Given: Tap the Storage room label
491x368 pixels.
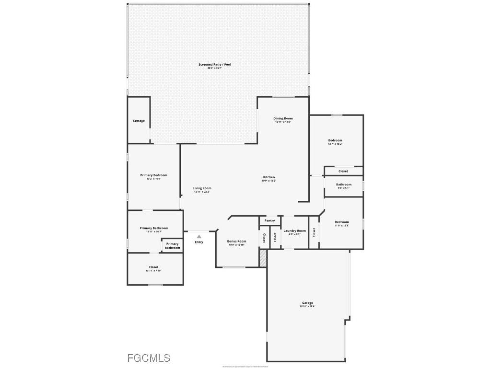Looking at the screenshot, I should coord(139,121).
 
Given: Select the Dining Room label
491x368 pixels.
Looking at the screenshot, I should coord(283,118).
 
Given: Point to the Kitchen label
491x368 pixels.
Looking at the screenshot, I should coord(269,177).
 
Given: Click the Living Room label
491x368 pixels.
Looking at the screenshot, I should coord(202,188).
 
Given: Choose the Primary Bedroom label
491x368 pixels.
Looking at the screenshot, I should coord(153,175).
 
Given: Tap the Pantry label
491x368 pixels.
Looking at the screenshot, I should coord(270,221).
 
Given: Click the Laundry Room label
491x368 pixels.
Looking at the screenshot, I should coord(294,231).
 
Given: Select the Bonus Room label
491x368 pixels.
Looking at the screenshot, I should coord(236,241).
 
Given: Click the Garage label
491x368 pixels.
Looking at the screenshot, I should coord(307,303).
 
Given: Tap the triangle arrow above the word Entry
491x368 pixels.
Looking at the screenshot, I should coord(199,236).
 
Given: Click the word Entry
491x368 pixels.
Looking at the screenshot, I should coord(199,242).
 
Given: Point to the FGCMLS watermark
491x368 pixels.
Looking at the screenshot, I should coord(149,358).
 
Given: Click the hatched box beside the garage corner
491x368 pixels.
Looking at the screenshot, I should coord(262,258).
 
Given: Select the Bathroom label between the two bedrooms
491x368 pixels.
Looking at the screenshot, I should coord(343,184).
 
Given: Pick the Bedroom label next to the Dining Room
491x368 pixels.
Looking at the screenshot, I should coord(335,140).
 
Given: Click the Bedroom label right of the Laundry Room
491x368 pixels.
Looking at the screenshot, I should coord(341,222).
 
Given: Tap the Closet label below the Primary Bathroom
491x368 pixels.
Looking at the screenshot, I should coord(153,267).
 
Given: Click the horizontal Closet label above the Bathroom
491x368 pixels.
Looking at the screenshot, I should coord(343,171).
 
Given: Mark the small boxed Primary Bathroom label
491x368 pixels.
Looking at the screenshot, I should coord(172,246).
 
